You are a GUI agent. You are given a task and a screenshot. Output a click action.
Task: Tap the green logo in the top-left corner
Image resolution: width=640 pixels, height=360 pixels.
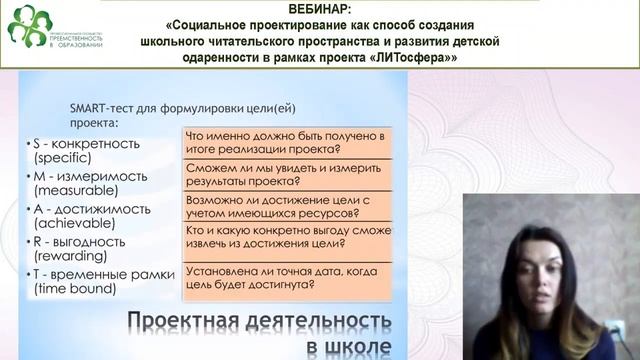pos(28,26)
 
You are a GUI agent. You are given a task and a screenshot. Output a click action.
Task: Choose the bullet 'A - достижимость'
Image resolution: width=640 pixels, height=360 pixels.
pos(91,209)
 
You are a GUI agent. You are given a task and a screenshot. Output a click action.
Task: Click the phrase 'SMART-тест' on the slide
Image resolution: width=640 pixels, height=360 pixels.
pos(105,108)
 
